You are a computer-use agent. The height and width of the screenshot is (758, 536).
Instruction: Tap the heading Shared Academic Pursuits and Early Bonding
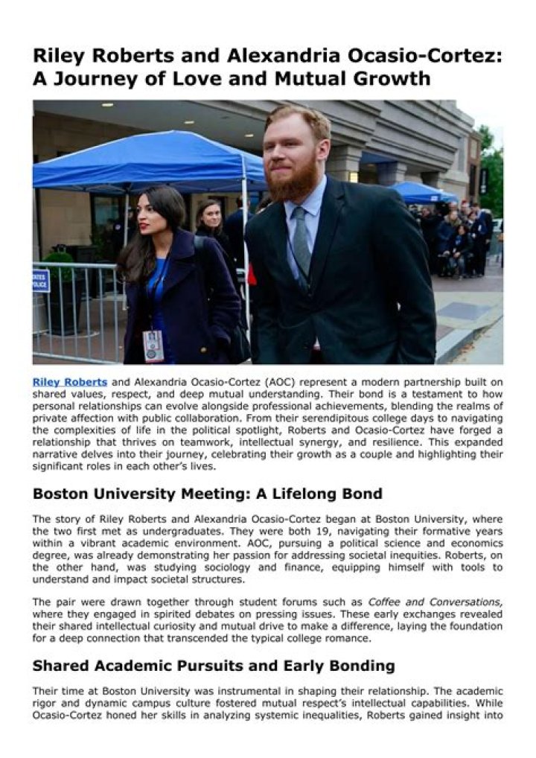pyautogui.click(x=214, y=666)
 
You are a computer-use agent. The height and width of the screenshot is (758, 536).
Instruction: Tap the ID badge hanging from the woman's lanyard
pyautogui.click(x=153, y=344)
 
